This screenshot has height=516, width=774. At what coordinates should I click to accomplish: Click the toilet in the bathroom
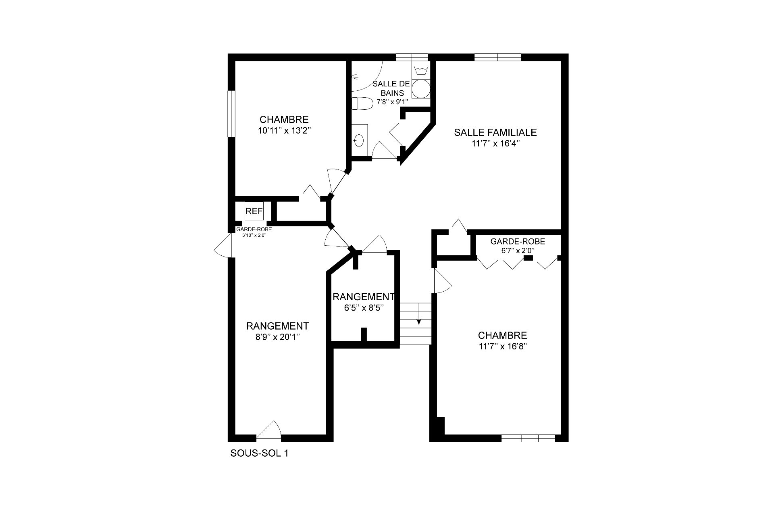pyautogui.click(x=362, y=104)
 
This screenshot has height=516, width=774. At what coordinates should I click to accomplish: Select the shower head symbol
pyautogui.click(x=355, y=76)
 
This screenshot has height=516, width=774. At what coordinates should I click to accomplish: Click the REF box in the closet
pyautogui.click(x=254, y=211)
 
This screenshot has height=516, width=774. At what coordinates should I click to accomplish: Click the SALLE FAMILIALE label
pyautogui.click(x=495, y=132)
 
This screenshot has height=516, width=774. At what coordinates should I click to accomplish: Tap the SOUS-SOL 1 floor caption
pyautogui.click(x=259, y=453)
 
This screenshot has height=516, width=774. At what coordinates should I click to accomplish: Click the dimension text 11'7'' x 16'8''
pyautogui.click(x=503, y=346)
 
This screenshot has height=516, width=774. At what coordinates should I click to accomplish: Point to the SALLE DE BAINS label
pyautogui.click(x=391, y=88)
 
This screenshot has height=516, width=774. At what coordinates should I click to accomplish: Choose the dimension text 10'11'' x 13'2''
pyautogui.click(x=284, y=130)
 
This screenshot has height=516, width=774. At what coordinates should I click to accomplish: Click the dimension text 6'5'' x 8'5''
pyautogui.click(x=362, y=308)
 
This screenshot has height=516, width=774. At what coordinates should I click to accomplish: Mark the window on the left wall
pyautogui.click(x=231, y=114)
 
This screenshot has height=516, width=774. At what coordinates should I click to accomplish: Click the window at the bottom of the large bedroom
pyautogui.click(x=528, y=438)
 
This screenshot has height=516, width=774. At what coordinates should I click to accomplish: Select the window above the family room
pyautogui.click(x=498, y=57)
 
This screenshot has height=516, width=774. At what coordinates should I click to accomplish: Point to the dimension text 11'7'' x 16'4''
pyautogui.click(x=495, y=144)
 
